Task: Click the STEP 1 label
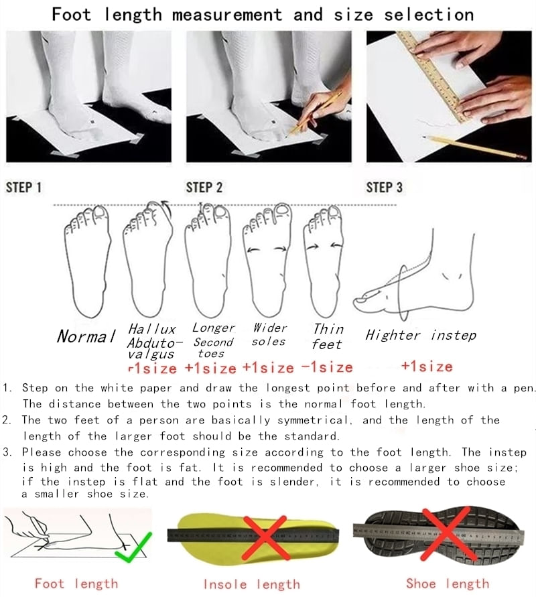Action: pos(23,188)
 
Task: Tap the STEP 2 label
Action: pos(204,188)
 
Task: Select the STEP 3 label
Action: pos(384,188)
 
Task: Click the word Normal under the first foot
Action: pos(86,336)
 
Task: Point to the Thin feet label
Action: pos(328,336)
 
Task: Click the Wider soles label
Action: pos(269,334)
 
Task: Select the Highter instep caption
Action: pos(421,335)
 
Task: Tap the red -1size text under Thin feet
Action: pos(327,367)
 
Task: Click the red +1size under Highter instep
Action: pos(427,367)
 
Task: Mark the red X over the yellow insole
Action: pos(265,537)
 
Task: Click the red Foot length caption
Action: pos(76,584)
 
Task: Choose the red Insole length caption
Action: pos(252,584)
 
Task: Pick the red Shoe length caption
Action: pos(448,584)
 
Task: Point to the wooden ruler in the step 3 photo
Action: pos(433,74)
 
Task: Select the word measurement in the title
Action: pos(227,15)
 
